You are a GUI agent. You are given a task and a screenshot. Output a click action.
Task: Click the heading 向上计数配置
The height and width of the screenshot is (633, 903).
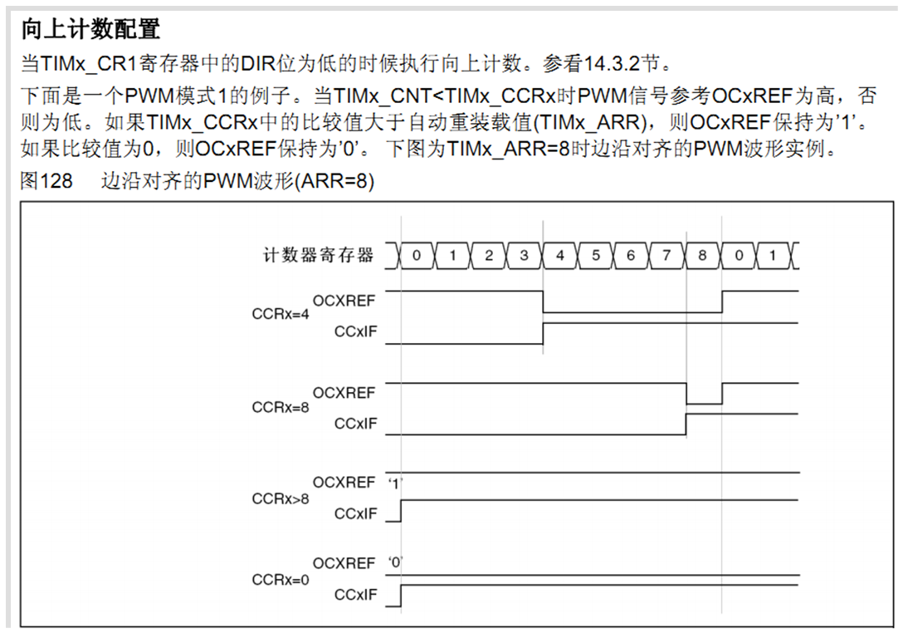(x=90, y=29)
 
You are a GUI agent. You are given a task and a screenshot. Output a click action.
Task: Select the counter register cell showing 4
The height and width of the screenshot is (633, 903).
(x=559, y=256)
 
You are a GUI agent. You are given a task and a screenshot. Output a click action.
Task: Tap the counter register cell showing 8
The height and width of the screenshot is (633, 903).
(x=702, y=256)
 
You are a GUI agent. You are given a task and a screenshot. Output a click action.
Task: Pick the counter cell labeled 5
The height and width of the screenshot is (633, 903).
(x=595, y=256)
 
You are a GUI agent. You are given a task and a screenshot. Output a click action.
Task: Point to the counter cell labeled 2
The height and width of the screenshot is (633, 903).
(x=488, y=256)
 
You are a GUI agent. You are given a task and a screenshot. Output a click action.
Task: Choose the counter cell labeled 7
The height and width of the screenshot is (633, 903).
(x=666, y=256)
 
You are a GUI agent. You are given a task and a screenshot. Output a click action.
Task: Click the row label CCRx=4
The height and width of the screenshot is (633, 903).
(x=280, y=316)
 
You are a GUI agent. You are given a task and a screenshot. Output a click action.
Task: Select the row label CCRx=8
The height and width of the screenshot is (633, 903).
(x=280, y=408)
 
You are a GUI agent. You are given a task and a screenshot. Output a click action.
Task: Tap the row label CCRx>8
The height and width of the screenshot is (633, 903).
(x=280, y=499)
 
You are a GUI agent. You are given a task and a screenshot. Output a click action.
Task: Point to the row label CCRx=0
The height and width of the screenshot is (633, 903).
(x=280, y=580)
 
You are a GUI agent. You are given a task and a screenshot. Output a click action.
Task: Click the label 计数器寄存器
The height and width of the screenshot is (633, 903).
(x=319, y=255)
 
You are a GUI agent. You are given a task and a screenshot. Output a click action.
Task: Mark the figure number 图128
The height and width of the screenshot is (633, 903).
(x=46, y=180)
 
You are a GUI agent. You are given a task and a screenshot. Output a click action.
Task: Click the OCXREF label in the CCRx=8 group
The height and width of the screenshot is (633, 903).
(x=344, y=392)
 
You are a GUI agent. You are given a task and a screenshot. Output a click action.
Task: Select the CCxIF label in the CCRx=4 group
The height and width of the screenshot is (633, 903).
(x=355, y=332)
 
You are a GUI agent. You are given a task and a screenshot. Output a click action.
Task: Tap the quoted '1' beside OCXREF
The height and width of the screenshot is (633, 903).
(x=395, y=483)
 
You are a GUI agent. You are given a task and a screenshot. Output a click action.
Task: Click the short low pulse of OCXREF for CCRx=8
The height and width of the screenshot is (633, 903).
(x=704, y=404)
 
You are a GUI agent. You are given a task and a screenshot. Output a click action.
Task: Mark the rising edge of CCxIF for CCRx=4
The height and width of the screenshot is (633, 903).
(x=544, y=332)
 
